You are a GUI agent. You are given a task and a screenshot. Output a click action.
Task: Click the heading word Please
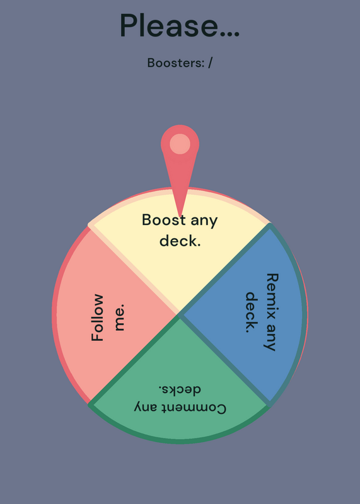click(x=169, y=26)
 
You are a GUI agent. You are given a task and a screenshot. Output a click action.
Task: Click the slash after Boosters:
click(x=210, y=62)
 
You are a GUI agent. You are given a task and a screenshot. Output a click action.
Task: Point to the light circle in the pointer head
click(x=180, y=144)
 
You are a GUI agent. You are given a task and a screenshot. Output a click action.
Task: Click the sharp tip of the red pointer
click(x=180, y=217)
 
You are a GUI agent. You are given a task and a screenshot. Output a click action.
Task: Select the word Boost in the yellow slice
click(x=164, y=220)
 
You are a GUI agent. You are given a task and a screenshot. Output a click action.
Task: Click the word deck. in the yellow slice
click(x=180, y=241)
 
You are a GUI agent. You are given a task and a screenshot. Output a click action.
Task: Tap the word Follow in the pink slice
click(x=98, y=318)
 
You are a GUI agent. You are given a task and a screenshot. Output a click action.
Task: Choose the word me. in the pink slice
click(x=119, y=318)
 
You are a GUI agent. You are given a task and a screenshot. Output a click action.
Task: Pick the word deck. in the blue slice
click(x=252, y=312)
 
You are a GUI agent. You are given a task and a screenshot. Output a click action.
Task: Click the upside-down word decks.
click(x=180, y=389)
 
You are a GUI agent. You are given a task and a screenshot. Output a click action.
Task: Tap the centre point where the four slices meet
click(x=180, y=314)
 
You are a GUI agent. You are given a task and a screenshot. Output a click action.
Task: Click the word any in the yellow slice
click(x=204, y=222)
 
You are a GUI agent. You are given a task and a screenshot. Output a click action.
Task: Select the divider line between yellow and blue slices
click(x=225, y=269)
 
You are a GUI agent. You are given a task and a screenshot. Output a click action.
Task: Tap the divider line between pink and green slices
click(x=134, y=359)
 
